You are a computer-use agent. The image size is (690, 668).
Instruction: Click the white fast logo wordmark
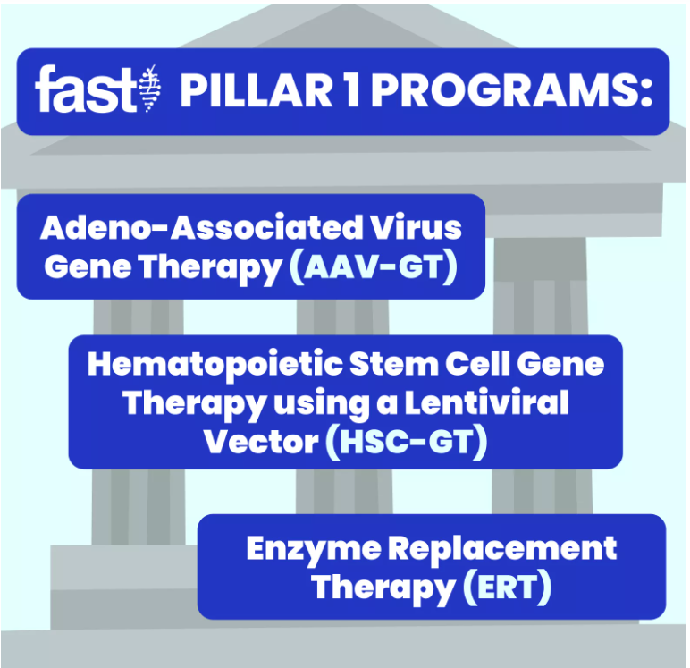[86, 89]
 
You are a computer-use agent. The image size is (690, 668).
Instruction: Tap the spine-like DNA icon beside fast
[149, 88]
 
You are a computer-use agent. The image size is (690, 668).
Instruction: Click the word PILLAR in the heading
[257, 90]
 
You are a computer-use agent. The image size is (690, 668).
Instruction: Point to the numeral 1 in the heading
[352, 90]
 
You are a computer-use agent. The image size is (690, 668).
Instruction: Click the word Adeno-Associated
[201, 228]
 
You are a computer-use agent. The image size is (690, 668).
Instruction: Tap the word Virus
[416, 228]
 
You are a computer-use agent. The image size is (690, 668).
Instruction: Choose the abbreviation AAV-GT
[374, 267]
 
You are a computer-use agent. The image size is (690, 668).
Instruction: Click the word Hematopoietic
[215, 365]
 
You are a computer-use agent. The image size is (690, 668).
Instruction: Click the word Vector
[261, 442]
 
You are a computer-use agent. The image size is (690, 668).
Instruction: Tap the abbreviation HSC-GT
[407, 442]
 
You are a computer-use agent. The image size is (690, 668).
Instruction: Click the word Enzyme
[314, 549]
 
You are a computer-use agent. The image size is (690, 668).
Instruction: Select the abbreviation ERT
[508, 588]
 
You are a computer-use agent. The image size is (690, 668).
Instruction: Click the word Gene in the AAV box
[88, 267]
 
